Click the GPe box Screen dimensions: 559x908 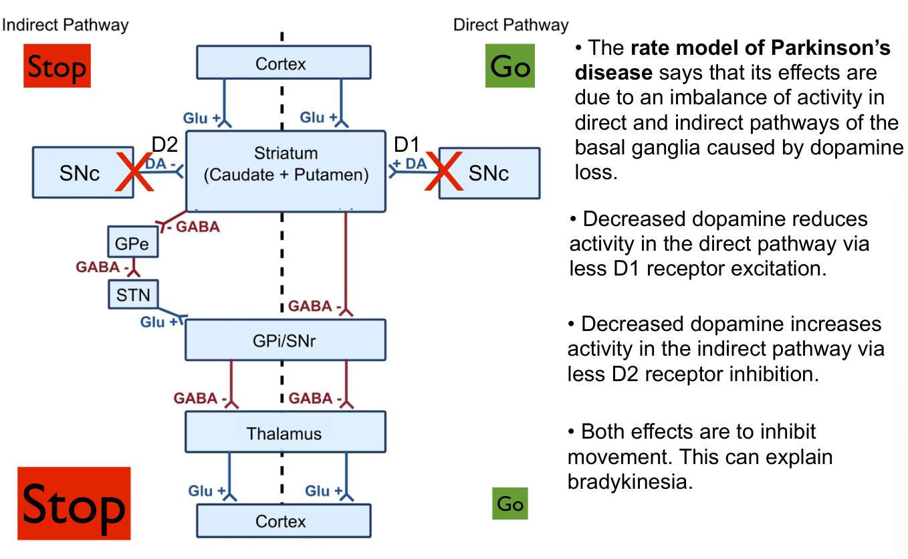pos(133,242)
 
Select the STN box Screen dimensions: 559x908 pos(133,294)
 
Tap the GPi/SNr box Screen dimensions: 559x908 pos(286,340)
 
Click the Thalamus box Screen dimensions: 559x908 pos(286,433)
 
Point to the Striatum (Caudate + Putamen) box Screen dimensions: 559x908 pos(286,171)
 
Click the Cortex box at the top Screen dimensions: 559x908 pos(283,63)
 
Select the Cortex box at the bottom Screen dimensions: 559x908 pos(283,522)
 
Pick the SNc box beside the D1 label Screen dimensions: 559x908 pos(489,173)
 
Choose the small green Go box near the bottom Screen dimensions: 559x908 pos(509,504)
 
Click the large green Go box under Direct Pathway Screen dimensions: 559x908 pos(510,66)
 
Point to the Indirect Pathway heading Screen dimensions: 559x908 pos(65,25)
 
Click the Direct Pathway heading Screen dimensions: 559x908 pos(511,25)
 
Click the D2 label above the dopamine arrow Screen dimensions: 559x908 pos(165,144)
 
